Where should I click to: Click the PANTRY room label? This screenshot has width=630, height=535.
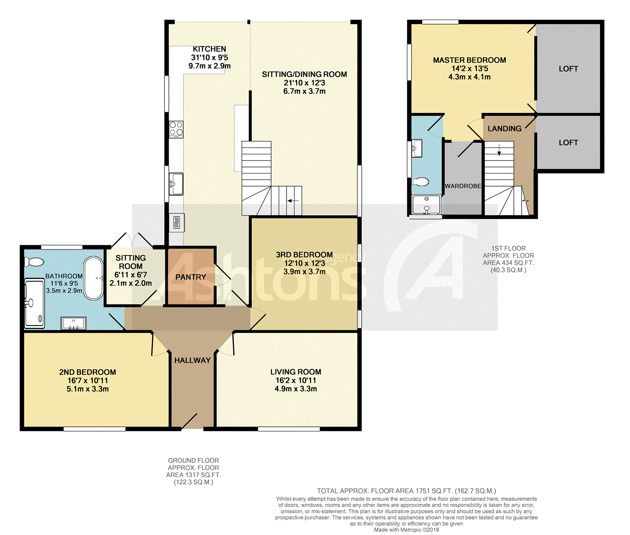tap(190, 277)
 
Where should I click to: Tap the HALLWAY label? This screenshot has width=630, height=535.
tap(192, 361)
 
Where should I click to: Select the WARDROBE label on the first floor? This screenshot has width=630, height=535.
tap(462, 186)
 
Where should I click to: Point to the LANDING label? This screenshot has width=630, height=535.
tap(504, 129)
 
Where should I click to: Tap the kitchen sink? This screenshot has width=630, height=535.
tap(176, 184)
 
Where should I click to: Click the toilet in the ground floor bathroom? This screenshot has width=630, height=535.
tap(34, 262)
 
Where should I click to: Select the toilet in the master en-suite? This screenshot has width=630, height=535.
tap(420, 182)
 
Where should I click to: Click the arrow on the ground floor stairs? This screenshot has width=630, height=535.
tap(293, 201)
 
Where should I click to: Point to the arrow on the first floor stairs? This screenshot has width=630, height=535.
tap(499, 150)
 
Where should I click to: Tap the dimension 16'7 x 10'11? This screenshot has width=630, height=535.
tap(87, 381)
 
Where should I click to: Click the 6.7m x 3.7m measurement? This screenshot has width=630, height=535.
tap(304, 91)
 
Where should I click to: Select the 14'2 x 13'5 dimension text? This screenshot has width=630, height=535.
tap(469, 69)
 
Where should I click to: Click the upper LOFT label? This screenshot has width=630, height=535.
tap(568, 69)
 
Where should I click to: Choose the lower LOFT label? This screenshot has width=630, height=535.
tap(568, 143)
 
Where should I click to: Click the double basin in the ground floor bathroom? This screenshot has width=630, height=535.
tap(74, 323)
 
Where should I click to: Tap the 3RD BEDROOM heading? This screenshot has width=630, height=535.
tap(304, 255)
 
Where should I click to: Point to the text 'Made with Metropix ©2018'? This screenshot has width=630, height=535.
tap(406, 530)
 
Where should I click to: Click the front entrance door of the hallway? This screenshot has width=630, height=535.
tap(189, 421)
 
